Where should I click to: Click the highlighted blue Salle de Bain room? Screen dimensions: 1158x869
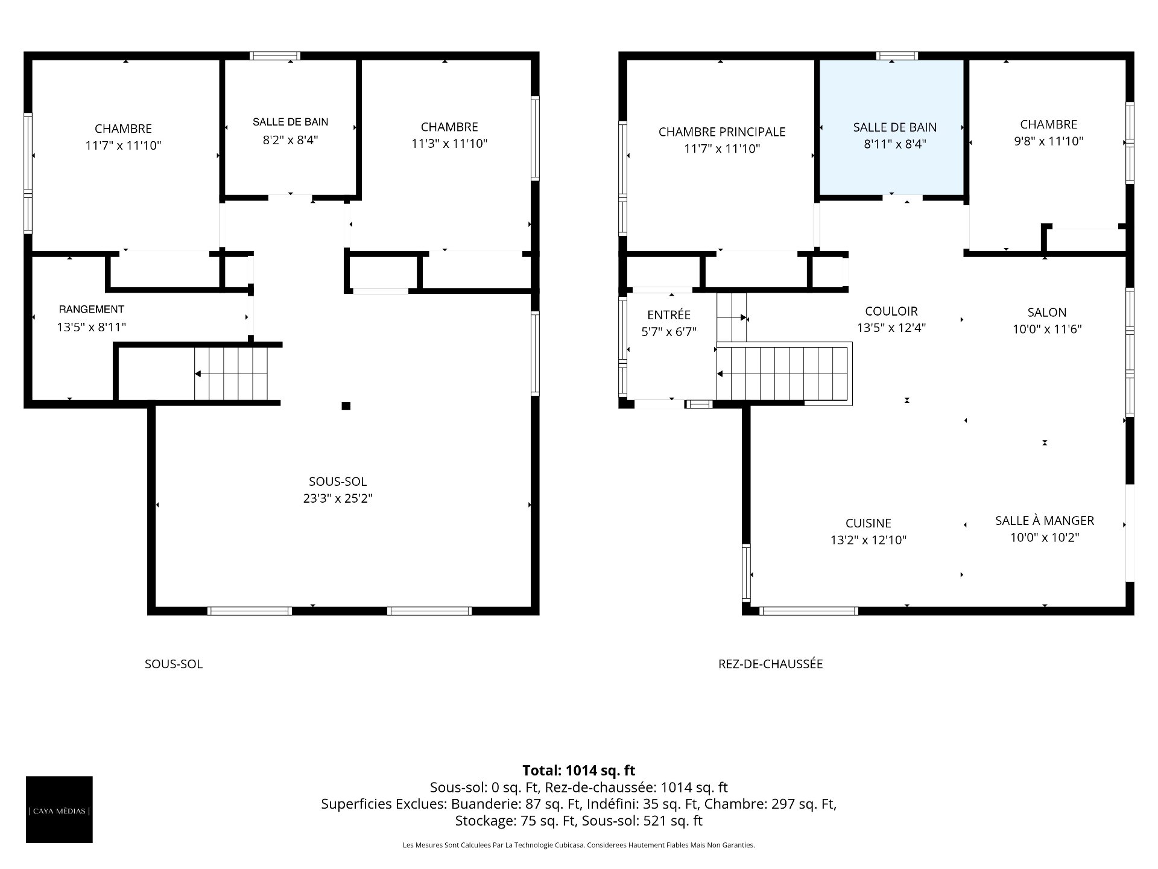891,127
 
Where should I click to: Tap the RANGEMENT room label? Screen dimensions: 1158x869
92,310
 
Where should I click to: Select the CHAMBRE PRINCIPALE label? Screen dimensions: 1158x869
722,132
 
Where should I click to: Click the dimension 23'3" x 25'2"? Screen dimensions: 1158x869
338,498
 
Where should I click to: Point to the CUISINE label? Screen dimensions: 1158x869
868,523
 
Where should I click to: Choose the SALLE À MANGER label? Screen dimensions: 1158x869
1045,520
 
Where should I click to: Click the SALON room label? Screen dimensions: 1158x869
1047,312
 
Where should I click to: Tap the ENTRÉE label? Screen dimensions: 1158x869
669,314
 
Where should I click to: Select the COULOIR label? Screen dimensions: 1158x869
891,311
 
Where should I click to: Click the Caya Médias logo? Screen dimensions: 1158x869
59,809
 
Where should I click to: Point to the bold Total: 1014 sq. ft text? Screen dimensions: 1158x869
579,770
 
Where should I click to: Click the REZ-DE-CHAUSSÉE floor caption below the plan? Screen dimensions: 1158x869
771,664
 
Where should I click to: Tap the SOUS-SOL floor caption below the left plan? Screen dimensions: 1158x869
174,664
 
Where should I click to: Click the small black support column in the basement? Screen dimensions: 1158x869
346,406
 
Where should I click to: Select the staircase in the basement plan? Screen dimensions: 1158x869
230,374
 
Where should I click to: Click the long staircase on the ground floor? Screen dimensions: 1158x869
784,374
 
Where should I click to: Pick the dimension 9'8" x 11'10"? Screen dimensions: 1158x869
1049,141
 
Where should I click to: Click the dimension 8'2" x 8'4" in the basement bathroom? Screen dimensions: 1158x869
291,140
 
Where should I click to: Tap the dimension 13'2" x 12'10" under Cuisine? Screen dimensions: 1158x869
868,540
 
